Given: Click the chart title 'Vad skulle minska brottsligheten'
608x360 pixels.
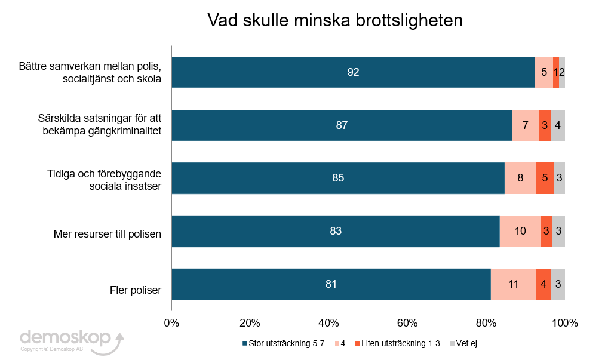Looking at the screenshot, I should click(335, 20).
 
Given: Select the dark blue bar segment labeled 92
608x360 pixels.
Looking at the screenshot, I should click(353, 72).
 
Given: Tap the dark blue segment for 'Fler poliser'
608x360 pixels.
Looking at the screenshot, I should click(331, 284).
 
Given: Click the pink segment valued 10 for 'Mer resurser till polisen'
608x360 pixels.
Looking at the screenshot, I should click(520, 231).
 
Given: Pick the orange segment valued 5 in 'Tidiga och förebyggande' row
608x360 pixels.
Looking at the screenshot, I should click(544, 178).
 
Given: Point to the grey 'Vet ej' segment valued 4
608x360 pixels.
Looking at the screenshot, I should click(558, 125).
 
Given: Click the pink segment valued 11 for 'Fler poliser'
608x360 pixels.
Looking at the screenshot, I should click(513, 284).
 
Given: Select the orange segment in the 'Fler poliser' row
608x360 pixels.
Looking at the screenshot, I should click(543, 284).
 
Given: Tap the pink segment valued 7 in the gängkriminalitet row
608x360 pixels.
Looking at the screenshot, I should click(525, 125).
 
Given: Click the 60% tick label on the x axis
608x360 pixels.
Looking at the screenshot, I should click(407, 324).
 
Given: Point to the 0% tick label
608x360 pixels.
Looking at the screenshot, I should click(171, 324).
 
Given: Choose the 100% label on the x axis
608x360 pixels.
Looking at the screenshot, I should click(564, 324).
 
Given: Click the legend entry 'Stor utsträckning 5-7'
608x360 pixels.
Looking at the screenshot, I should click(284, 343).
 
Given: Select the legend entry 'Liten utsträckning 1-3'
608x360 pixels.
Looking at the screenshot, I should click(397, 343).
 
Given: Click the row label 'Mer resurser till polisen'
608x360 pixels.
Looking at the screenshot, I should click(108, 233).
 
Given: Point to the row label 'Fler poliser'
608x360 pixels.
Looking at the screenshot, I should click(136, 291).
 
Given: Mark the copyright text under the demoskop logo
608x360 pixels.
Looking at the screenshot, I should click(51, 350).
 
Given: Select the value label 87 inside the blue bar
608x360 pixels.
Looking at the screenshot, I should click(342, 125).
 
